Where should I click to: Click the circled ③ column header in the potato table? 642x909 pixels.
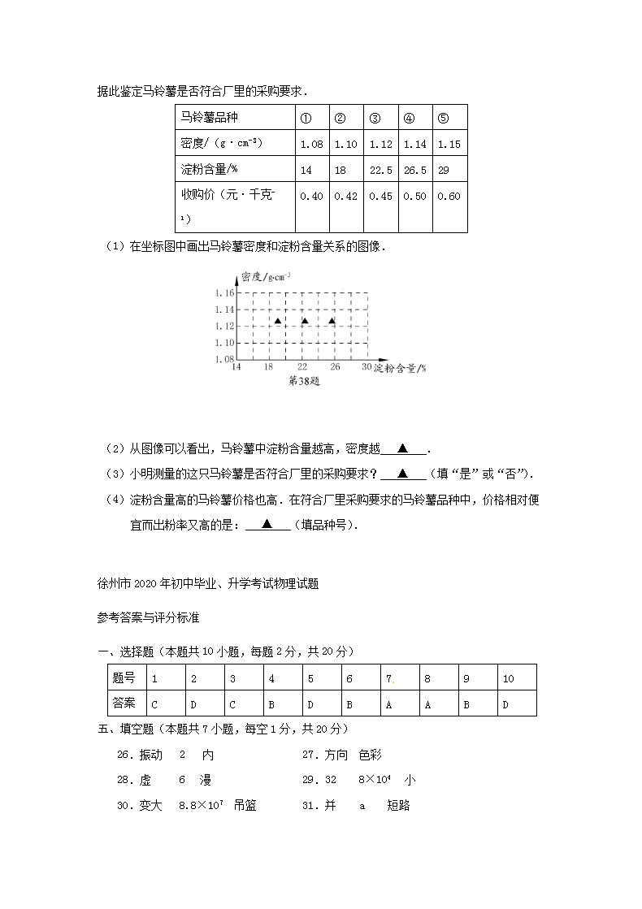[375, 118]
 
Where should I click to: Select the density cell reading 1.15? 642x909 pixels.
[449, 144]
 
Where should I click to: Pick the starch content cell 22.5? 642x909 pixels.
[381, 170]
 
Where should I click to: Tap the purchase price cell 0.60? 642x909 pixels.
[449, 196]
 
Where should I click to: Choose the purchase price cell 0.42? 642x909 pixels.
[346, 196]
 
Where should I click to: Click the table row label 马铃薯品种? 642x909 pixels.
[209, 118]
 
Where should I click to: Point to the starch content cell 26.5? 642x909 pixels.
[415, 170]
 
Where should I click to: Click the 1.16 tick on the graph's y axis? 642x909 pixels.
[224, 292]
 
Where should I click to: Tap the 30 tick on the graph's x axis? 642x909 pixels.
[367, 367]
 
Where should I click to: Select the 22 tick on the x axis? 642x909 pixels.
[301, 367]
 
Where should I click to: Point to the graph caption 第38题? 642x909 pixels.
[304, 381]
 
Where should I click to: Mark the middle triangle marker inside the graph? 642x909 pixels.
[305, 321]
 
